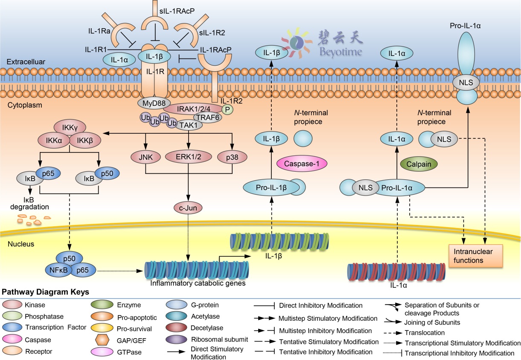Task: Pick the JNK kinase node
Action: click(146, 157)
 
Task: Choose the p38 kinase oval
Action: click(232, 157)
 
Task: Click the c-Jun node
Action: click(188, 208)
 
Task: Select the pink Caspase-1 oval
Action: click(299, 163)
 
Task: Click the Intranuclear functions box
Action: click(474, 255)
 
